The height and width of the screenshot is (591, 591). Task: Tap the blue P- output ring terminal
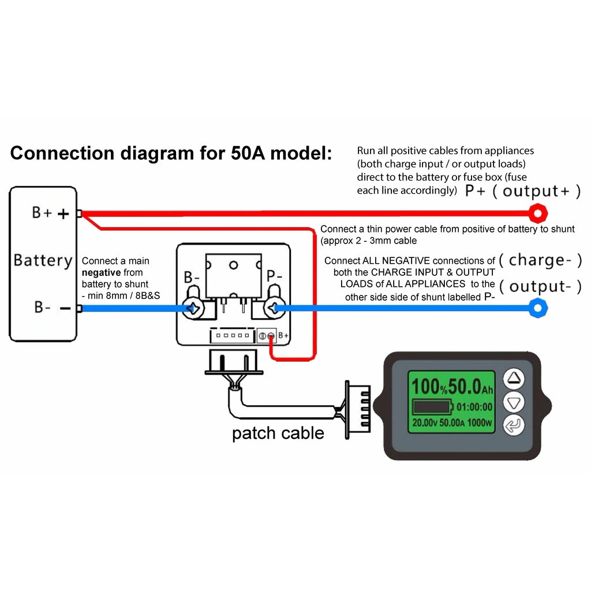pos(538,308)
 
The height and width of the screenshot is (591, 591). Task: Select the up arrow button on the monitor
pos(514,379)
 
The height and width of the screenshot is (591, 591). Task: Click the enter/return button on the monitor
pos(514,426)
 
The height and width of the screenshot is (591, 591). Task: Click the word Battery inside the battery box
pos(43,260)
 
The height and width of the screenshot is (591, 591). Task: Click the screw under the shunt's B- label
pos(193,309)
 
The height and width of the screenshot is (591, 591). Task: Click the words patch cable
pos(278,433)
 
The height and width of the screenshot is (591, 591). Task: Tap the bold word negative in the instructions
pos(101,272)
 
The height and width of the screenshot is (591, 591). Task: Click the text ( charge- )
pos(540,260)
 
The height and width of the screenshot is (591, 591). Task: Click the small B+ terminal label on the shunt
pos(284,335)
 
